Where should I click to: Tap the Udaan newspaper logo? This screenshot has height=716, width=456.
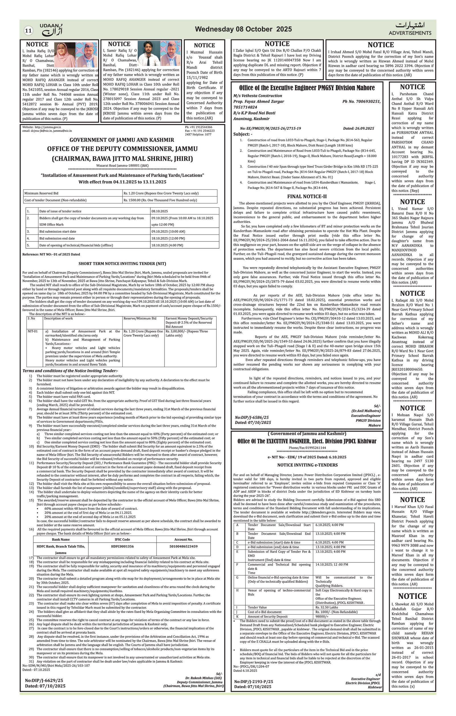(x=51, y=30)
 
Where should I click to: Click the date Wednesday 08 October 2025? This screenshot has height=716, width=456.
(x=243, y=29)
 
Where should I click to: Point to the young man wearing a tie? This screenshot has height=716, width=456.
(x=148, y=54)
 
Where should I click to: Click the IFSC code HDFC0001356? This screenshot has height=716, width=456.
(x=122, y=546)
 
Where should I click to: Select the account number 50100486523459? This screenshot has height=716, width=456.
(x=183, y=546)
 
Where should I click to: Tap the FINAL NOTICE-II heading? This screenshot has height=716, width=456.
(x=307, y=196)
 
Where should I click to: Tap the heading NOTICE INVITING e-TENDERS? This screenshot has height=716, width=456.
(x=307, y=465)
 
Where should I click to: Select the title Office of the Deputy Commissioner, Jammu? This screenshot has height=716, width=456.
(x=122, y=149)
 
